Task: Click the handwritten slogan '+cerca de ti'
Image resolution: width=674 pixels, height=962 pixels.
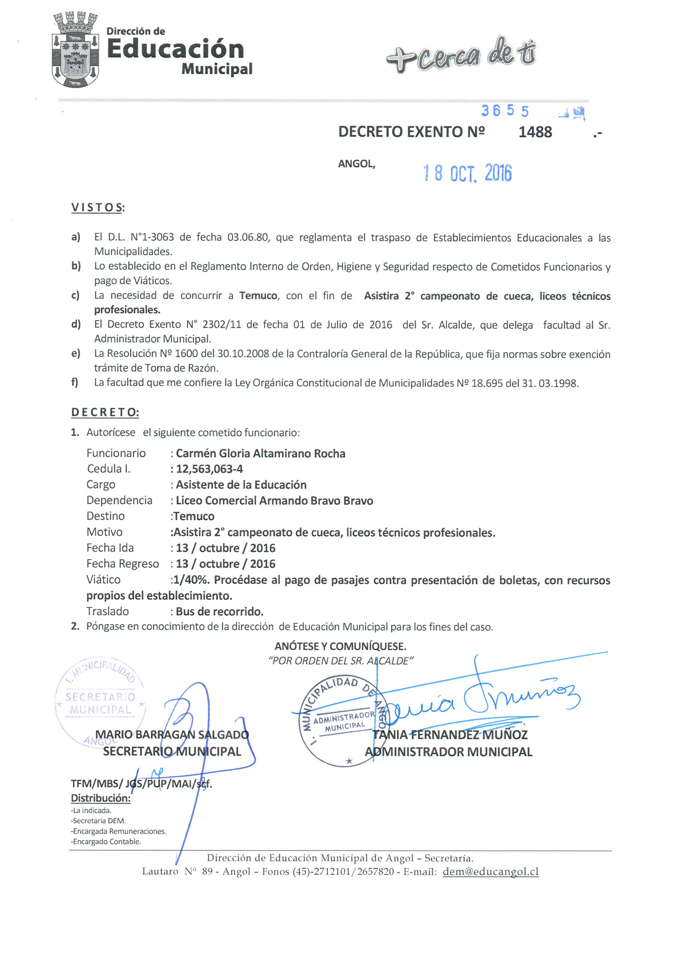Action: point(460,56)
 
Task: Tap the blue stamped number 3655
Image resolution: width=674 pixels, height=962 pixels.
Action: point(505,111)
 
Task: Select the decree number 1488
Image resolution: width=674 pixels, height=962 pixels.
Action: point(535,132)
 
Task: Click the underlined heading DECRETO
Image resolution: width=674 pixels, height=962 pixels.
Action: point(105,412)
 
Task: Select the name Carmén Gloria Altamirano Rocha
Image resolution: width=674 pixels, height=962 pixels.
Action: point(260,453)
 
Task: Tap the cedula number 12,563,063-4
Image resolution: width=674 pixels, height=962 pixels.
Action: point(209,469)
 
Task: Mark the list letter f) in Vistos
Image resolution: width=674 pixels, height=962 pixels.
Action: point(75,383)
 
